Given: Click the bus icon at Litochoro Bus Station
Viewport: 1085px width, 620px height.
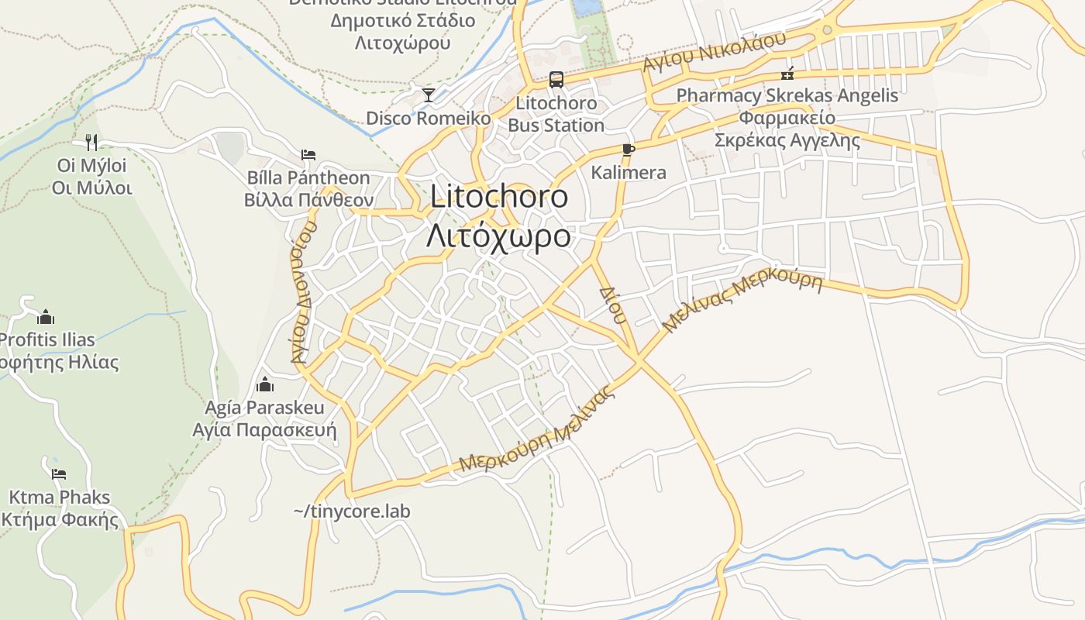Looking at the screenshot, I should [556, 79].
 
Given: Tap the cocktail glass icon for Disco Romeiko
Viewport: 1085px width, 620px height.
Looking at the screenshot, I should [428, 95].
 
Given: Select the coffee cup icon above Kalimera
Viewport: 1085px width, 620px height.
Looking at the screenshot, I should [628, 150].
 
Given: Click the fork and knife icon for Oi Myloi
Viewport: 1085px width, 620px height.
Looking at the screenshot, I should [91, 142].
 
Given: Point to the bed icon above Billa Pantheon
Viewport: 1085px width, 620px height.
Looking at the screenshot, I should [308, 155].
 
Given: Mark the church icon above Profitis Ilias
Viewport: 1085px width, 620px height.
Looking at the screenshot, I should [46, 317].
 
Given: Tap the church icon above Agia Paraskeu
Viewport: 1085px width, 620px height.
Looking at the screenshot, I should [265, 384].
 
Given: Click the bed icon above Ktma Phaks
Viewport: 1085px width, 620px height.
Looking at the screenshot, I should [59, 474].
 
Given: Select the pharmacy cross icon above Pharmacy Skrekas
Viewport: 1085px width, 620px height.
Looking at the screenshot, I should [787, 74].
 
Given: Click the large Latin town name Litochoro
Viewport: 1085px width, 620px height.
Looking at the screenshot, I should [499, 196].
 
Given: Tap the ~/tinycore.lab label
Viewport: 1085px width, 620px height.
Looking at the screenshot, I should [352, 511].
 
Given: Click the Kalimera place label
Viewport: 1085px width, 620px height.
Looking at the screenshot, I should [629, 172].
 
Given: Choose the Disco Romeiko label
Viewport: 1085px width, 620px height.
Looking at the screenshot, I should [429, 119].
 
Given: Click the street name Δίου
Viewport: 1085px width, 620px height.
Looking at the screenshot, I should [612, 305].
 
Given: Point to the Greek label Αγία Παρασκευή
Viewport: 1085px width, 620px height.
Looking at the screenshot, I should [264, 430].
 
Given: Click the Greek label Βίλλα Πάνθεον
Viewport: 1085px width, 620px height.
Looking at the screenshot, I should [308, 200].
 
